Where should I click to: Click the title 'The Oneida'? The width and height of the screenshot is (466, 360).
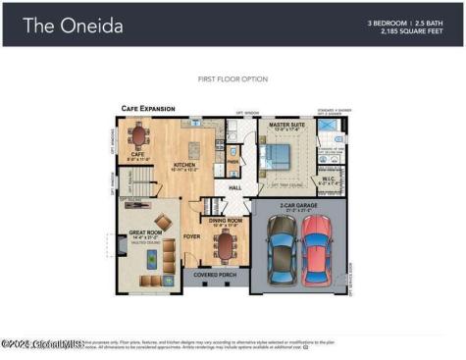click(x=74, y=26)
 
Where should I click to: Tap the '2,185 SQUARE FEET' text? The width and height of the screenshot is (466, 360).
click(x=407, y=30)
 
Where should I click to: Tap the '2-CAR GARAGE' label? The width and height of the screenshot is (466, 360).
click(x=300, y=205)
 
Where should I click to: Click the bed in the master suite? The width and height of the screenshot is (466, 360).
click(x=275, y=155)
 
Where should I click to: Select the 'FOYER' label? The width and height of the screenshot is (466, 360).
click(x=191, y=236)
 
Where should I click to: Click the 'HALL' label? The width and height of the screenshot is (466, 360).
click(x=235, y=187)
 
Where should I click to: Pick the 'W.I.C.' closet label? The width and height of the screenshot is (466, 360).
click(x=330, y=179)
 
